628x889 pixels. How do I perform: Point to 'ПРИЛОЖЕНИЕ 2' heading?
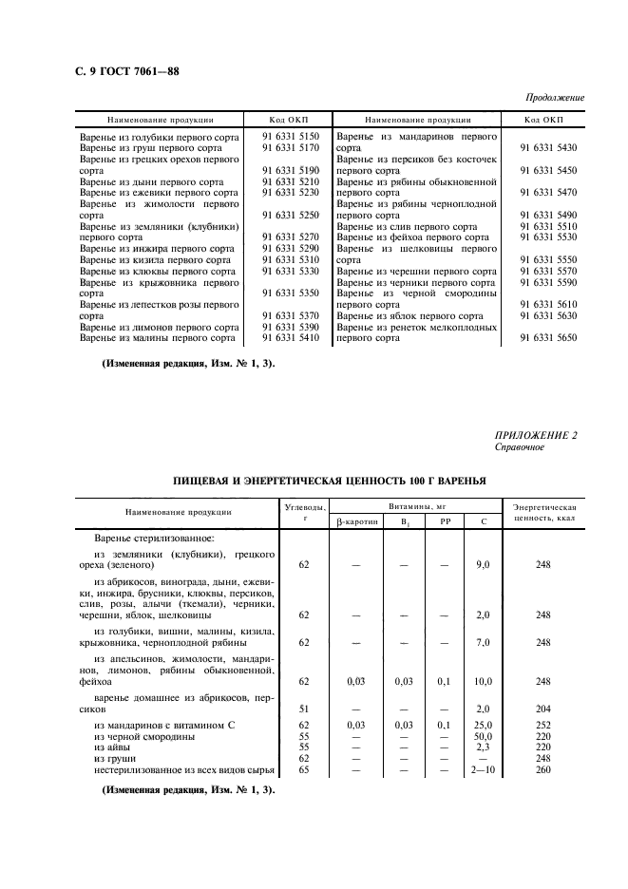click(x=540, y=434)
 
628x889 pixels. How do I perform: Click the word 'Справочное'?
click(x=520, y=446)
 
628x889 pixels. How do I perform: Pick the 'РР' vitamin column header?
click(x=445, y=522)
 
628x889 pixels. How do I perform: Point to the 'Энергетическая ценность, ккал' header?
click(x=544, y=512)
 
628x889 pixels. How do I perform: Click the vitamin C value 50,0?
click(x=484, y=736)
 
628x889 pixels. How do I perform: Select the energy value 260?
click(x=543, y=770)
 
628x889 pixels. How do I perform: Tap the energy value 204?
click(x=543, y=708)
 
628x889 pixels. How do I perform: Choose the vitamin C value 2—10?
click(x=484, y=770)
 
